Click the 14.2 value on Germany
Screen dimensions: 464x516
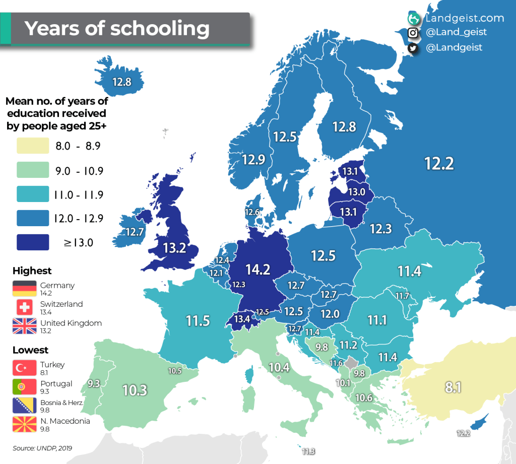tap(257, 270)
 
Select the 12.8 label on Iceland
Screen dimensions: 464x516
tap(122, 81)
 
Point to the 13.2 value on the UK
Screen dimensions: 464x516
tap(174, 247)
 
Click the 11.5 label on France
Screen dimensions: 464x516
tap(198, 321)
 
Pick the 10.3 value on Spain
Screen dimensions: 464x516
tap(135, 389)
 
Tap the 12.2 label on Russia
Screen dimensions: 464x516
tap(439, 163)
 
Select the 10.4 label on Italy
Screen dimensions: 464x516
tap(279, 367)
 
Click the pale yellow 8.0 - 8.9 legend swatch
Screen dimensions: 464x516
tap(32, 146)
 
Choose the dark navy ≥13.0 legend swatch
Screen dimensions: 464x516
tap(32, 242)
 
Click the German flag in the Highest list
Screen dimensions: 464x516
tap(25, 288)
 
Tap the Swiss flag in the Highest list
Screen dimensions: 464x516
tap(25, 307)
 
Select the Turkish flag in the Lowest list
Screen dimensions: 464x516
tap(25, 368)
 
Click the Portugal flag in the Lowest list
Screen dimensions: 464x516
tap(25, 386)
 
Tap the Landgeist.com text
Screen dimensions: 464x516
tap(464, 18)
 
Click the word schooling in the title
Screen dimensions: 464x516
tap(160, 28)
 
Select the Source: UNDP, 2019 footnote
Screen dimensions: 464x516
tap(43, 447)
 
